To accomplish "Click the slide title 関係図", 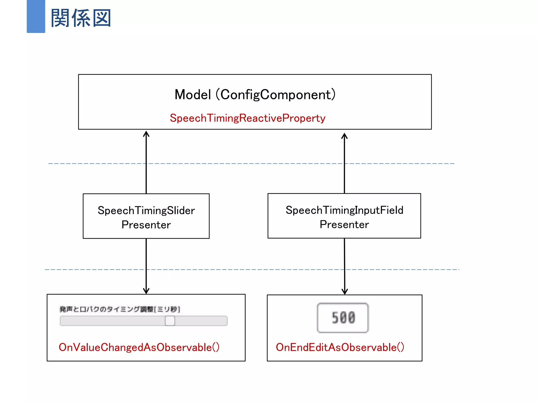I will (81, 18).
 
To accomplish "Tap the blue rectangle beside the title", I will (36, 16).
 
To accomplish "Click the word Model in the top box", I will (193, 94).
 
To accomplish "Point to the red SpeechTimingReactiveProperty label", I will (248, 118).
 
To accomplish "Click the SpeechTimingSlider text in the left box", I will (146, 210).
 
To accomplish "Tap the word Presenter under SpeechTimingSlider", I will (146, 225).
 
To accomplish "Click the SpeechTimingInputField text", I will (344, 210).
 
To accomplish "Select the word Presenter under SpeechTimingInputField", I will (344, 225).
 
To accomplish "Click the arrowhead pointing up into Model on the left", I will (146, 134).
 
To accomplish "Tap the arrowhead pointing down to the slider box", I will (146, 291).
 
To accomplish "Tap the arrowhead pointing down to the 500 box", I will (345, 292).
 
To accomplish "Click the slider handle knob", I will (170, 321).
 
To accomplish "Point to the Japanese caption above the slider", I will (120, 309).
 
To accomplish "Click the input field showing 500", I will (343, 318).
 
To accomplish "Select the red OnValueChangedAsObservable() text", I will (139, 347).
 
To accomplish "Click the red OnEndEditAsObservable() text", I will (340, 347).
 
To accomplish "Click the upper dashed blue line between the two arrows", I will (245, 164).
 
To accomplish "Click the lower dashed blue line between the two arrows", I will (245, 269).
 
